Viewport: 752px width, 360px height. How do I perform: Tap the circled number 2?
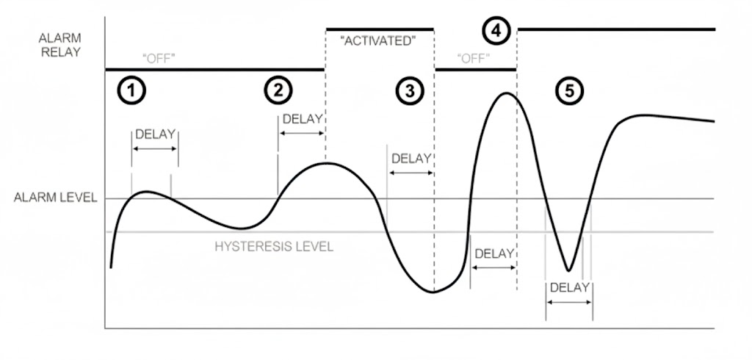click(278, 90)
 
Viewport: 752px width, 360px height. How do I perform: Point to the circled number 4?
click(496, 31)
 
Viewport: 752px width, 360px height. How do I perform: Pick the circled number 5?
click(569, 90)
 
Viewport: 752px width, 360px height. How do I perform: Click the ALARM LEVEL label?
click(55, 198)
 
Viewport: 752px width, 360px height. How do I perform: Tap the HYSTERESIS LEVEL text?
click(274, 247)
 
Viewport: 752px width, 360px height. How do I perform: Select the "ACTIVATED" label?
click(379, 41)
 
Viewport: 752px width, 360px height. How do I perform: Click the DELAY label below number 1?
click(156, 134)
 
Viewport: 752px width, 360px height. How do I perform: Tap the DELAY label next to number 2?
click(303, 118)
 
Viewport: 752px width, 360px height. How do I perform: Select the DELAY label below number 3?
click(411, 158)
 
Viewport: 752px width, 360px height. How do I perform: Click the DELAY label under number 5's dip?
click(569, 287)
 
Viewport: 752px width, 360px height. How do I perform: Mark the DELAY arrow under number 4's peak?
click(493, 267)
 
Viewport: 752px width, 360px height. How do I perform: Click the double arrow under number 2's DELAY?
click(302, 133)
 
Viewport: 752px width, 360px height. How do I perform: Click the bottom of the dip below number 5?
click(568, 270)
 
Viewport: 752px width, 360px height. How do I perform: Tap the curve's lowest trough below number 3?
click(433, 292)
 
